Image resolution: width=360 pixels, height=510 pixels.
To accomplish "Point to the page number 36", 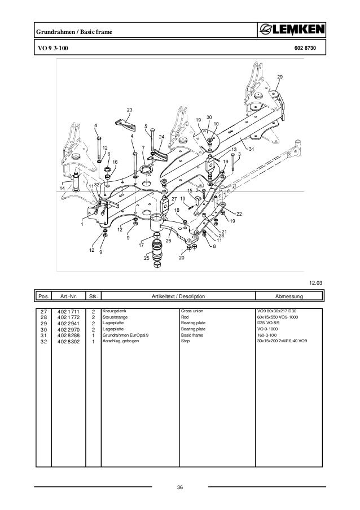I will (180, 488).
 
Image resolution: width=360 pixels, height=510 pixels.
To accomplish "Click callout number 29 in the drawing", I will (280, 76).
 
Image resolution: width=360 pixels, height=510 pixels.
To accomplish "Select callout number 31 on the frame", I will (252, 149).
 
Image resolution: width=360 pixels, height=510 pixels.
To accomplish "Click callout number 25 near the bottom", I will (147, 258).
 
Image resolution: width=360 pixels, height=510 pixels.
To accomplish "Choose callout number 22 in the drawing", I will (239, 213).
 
